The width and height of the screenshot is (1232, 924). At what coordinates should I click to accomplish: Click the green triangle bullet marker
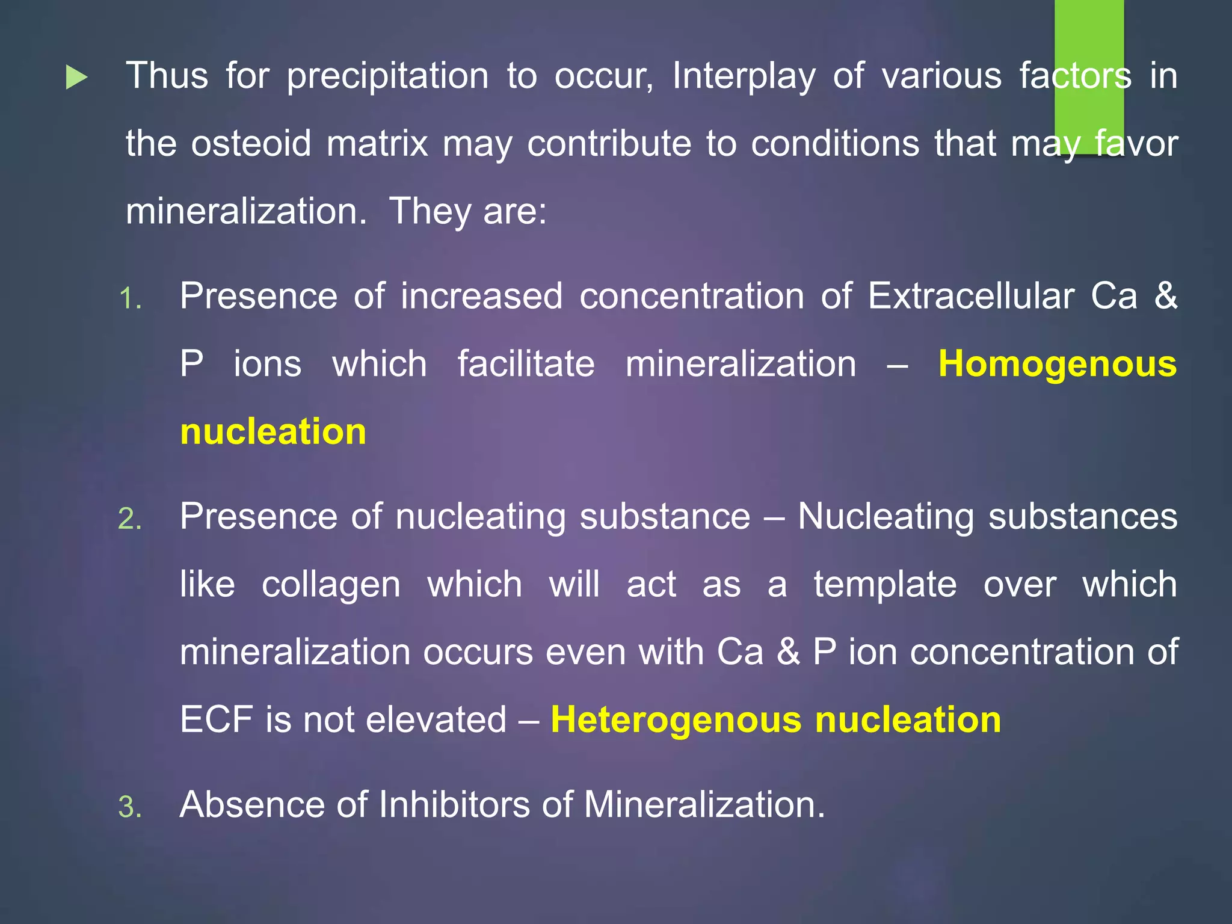[x=76, y=78]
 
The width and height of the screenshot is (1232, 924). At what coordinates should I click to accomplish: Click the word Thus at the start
[x=167, y=76]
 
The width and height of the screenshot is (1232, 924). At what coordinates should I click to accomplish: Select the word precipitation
[x=387, y=77]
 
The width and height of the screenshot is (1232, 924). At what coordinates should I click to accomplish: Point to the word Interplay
[x=744, y=77]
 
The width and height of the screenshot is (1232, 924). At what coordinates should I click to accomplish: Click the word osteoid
[x=251, y=144]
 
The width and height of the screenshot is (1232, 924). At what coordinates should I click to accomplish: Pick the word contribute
[x=609, y=144]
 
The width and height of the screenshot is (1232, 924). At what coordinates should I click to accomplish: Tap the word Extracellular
[x=971, y=296]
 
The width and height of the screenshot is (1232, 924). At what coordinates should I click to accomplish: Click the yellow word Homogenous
[x=1057, y=364]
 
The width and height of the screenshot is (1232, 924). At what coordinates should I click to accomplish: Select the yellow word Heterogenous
[x=676, y=719]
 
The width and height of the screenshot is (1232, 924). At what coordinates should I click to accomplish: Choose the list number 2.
[x=129, y=519]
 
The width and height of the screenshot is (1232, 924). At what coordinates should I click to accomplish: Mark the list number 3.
[x=129, y=807]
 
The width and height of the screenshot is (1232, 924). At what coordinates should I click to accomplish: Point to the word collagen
[x=331, y=585]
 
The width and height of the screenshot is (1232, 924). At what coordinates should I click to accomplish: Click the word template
[x=885, y=585]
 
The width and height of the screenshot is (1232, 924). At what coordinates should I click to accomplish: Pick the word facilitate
[x=526, y=364]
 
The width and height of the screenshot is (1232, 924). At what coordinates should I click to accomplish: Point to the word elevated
[x=436, y=719]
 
